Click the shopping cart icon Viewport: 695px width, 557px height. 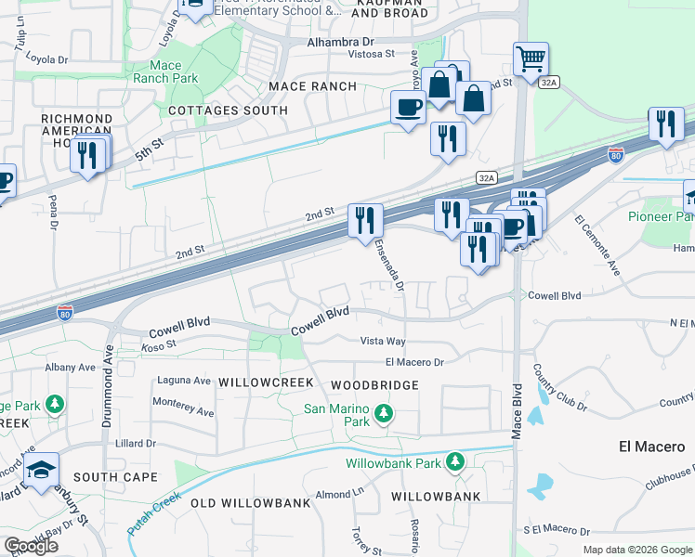pyautogui.click(x=531, y=59)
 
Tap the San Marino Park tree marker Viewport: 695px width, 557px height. pyautogui.click(x=382, y=412)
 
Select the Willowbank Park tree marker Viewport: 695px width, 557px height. pyautogui.click(x=454, y=461)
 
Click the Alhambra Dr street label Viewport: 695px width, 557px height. pyautogui.click(x=340, y=43)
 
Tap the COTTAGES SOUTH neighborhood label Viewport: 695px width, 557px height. pyautogui.click(x=228, y=110)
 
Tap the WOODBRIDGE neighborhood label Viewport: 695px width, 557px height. pyautogui.click(x=374, y=384)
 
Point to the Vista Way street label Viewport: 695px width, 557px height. pyautogui.click(x=383, y=342)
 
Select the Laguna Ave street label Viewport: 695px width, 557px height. pyautogui.click(x=185, y=380)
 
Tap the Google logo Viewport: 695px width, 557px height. pyautogui.click(x=31, y=546)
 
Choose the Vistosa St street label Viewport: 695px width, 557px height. pyautogui.click(x=371, y=54)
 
